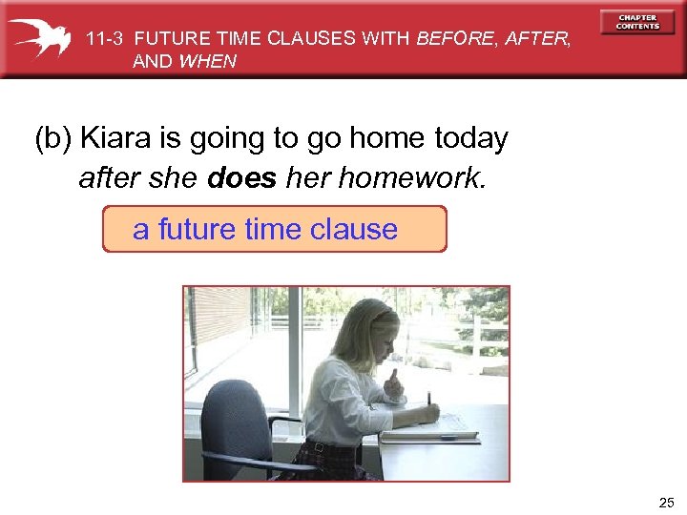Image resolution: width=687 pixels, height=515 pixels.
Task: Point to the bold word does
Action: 241,177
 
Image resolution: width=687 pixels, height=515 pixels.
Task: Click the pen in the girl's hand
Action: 429,399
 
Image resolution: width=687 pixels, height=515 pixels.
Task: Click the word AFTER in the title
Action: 536,39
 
